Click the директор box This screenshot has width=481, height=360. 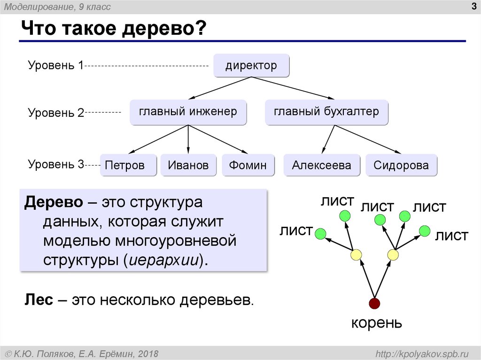(x=251, y=66)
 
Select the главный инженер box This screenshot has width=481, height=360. (x=188, y=112)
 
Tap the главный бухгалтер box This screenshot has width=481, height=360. (x=326, y=112)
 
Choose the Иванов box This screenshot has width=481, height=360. (x=188, y=165)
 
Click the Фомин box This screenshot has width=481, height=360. (x=248, y=165)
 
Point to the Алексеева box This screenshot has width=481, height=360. (x=321, y=165)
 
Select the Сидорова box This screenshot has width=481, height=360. (x=401, y=165)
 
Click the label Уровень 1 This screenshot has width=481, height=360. (x=55, y=65)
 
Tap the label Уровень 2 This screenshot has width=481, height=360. (x=55, y=113)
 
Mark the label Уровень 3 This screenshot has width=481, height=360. (x=55, y=164)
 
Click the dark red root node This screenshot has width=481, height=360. (x=374, y=303)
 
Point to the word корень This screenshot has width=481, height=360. (x=377, y=323)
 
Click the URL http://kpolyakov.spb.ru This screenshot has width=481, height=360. (x=419, y=353)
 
